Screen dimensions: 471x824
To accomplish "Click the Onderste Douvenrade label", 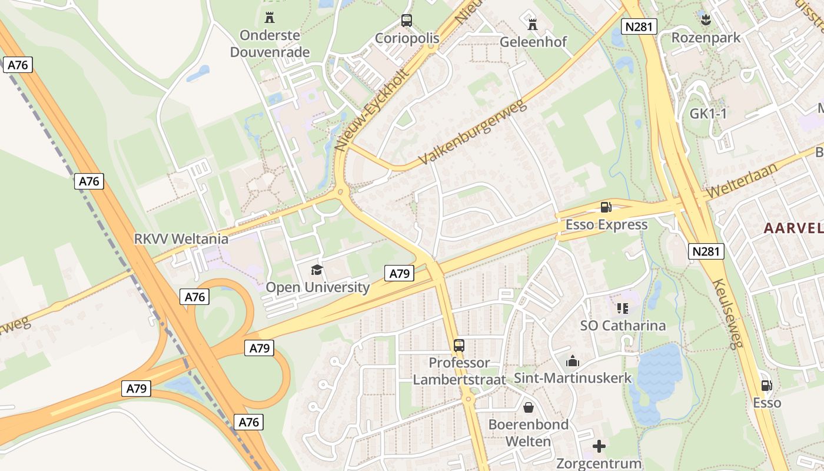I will coord(270,44).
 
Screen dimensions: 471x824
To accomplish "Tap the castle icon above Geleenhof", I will coord(533,24).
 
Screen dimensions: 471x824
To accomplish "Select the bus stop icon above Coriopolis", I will coord(407,21).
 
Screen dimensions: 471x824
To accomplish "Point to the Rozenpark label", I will coord(706,38).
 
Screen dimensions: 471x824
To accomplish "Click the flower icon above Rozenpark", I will coord(705,21).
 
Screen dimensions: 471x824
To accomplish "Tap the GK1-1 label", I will coord(708,114).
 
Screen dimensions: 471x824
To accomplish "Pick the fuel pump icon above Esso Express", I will coord(606,207).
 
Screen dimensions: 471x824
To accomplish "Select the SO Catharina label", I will coord(623,326).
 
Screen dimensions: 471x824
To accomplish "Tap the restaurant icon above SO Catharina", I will coord(623,308).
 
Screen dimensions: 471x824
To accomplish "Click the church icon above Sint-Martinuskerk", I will coord(572,361).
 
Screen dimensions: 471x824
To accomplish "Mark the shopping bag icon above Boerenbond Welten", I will coord(529,407).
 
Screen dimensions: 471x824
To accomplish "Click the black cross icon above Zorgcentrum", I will coord(599,446).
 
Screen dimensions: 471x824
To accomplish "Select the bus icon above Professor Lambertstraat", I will coord(459,346).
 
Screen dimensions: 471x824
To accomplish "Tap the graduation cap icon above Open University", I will coord(317,270).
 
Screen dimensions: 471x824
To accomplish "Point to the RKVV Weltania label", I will coord(181,239).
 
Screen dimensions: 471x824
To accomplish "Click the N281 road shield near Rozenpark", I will coord(639,25).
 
